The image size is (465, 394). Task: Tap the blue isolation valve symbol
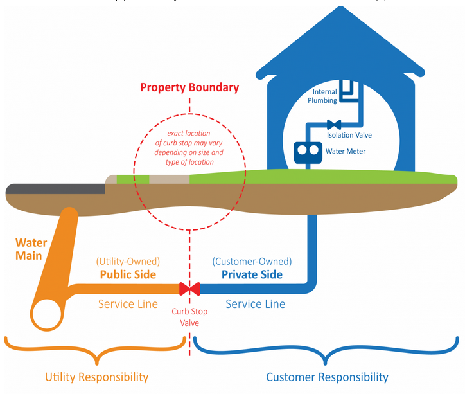tap(333, 124)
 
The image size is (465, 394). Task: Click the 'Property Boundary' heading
tap(189, 87)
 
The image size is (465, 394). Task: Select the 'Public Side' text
tap(128, 274)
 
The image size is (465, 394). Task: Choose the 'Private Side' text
tap(252, 274)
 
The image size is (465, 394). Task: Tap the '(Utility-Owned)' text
tap(128, 261)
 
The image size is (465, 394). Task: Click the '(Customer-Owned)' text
tap(252, 261)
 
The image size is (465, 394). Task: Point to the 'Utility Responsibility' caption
tap(96, 377)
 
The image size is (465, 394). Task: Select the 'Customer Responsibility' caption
tap(327, 377)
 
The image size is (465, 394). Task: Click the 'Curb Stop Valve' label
tap(189, 317)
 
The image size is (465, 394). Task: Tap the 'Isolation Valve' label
tap(349, 136)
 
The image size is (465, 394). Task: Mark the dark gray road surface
tap(55, 188)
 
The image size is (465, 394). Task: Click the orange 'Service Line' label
tap(128, 303)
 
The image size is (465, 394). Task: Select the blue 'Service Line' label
tap(256, 303)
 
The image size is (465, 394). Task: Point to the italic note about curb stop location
tap(189, 148)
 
